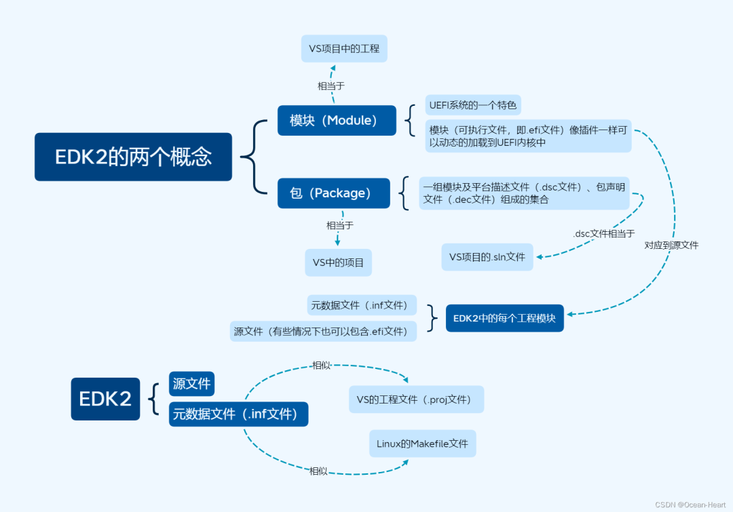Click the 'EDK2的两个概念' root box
[x=133, y=157]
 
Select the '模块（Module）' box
[x=337, y=121]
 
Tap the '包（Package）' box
[x=333, y=193]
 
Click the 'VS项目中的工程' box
[x=344, y=49]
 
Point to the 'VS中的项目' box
[x=338, y=262]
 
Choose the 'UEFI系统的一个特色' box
[x=473, y=105]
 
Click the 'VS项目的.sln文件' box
[x=487, y=257]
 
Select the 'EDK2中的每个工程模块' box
[x=504, y=318]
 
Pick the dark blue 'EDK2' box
[x=105, y=399]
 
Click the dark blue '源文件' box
[x=191, y=384]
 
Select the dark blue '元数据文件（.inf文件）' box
[x=238, y=414]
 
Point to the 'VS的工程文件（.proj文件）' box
[x=416, y=399]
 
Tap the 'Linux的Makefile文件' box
[x=422, y=444]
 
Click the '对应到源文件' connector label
[x=671, y=245]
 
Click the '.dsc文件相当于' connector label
[x=603, y=233]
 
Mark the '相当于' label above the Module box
[x=331, y=86]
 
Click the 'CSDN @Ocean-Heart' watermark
[x=691, y=505]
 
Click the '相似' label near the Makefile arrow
[x=318, y=471]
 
